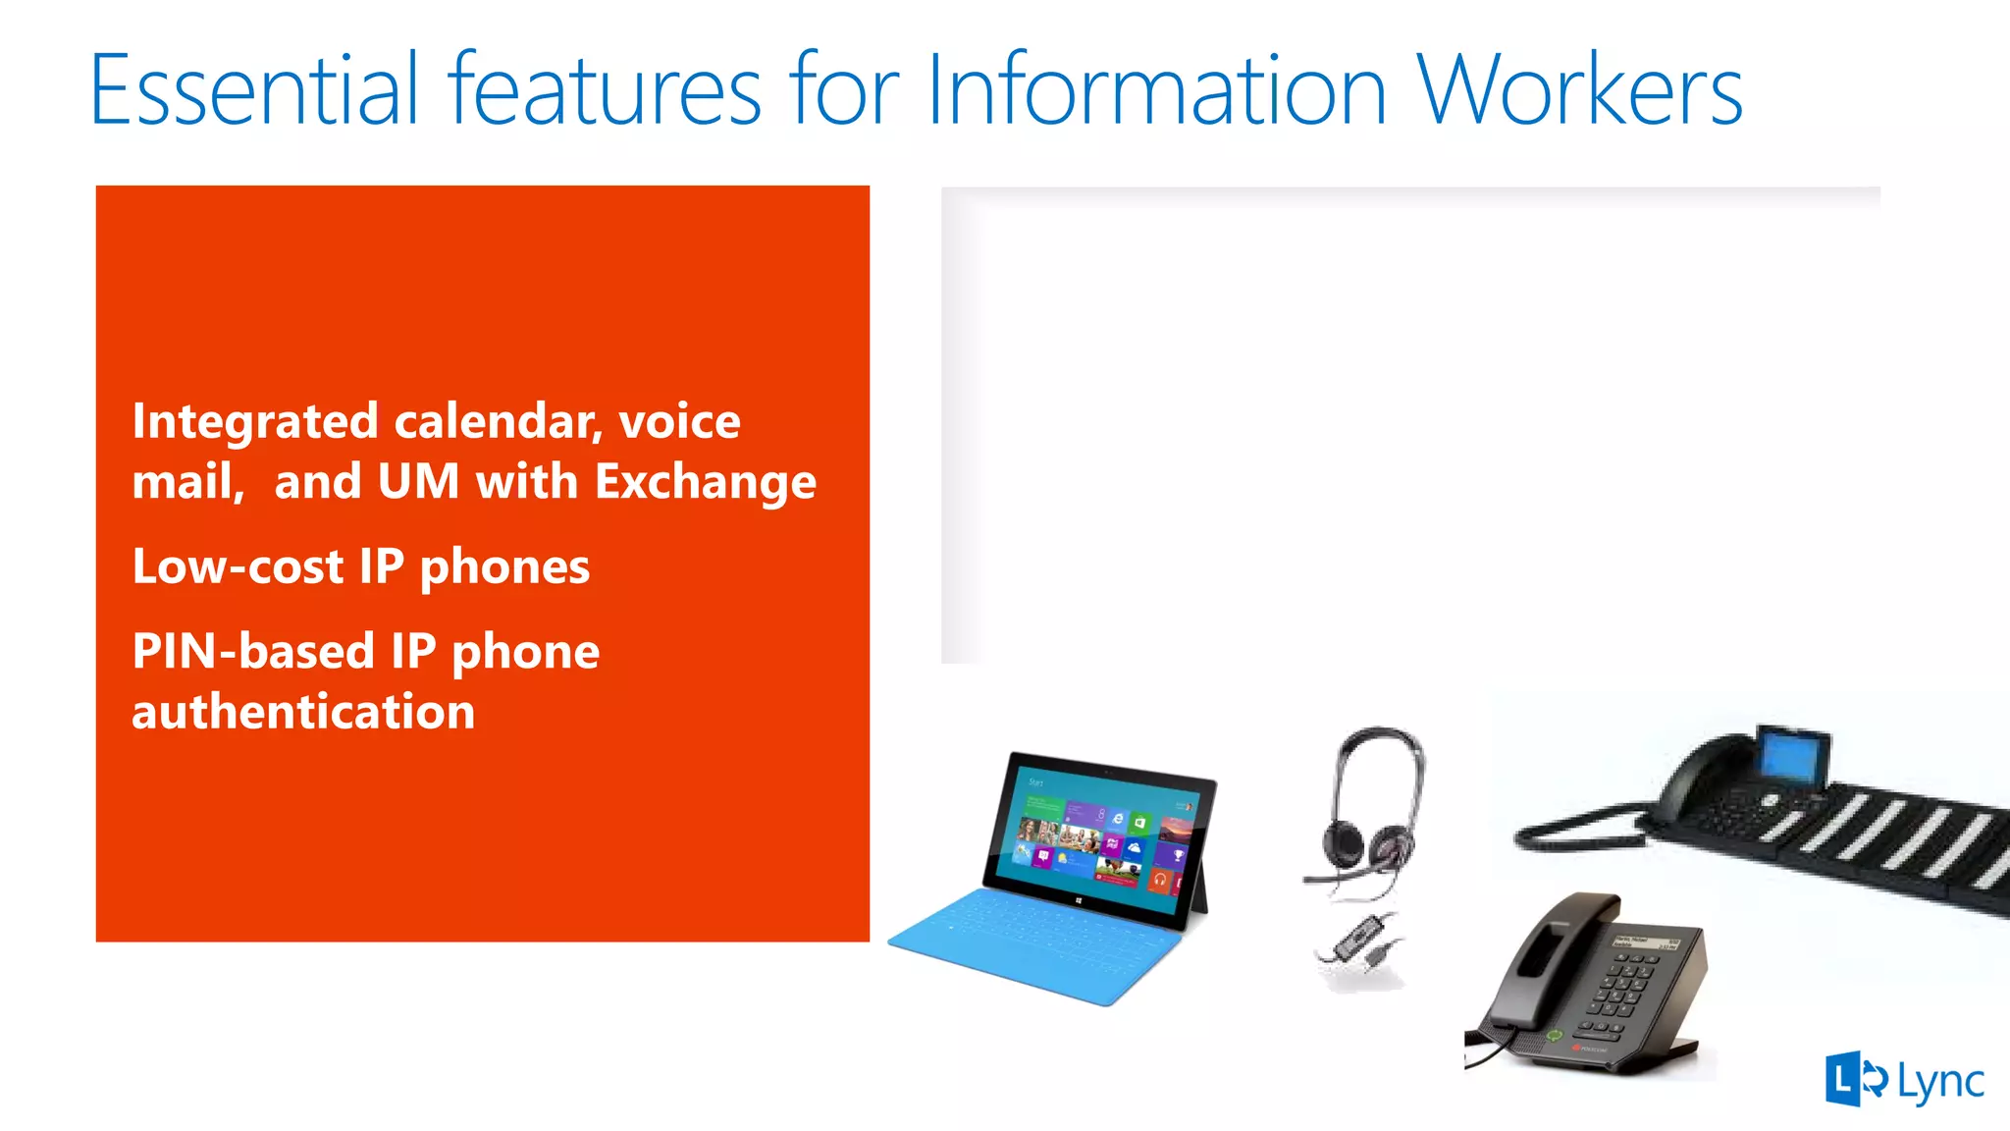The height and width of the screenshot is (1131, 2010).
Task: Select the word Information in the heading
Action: pos(1156,90)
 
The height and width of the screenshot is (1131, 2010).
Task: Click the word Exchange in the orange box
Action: pos(705,482)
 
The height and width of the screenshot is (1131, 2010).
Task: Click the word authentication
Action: pos(303,712)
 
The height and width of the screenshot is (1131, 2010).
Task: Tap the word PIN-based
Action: pos(253,652)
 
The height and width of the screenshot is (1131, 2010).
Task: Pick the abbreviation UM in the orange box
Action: pos(418,482)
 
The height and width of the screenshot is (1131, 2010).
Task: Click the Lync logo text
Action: pos(1940,1082)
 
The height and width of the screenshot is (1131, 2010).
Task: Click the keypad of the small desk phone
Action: pos(1624,987)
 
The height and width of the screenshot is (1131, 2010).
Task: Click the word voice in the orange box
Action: pos(679,422)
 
